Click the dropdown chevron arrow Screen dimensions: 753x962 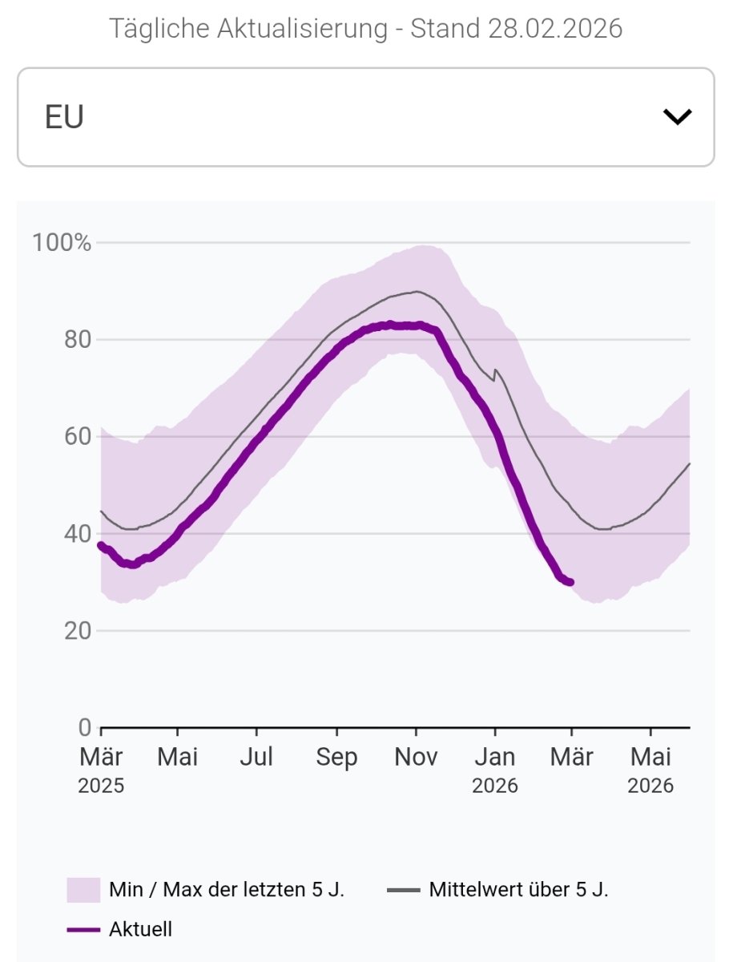(x=677, y=117)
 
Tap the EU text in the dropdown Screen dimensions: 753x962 (x=64, y=117)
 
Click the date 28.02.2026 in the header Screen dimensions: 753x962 (x=555, y=28)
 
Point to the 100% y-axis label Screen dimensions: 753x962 (x=62, y=243)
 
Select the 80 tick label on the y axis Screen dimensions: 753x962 (x=78, y=340)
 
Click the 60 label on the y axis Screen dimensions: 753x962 (x=78, y=437)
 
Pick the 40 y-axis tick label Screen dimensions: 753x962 (x=78, y=533)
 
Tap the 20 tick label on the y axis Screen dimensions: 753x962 (x=78, y=630)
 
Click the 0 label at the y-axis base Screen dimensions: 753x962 (x=85, y=727)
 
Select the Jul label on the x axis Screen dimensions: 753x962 (x=256, y=757)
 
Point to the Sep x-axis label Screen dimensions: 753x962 (x=336, y=758)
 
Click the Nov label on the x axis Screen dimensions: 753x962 (x=416, y=757)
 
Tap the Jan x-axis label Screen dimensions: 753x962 (x=495, y=757)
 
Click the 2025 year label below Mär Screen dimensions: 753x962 (x=101, y=786)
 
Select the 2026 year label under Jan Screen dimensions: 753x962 (x=495, y=786)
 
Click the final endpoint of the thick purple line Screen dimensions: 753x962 (x=571, y=583)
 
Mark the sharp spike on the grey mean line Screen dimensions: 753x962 (x=496, y=370)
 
